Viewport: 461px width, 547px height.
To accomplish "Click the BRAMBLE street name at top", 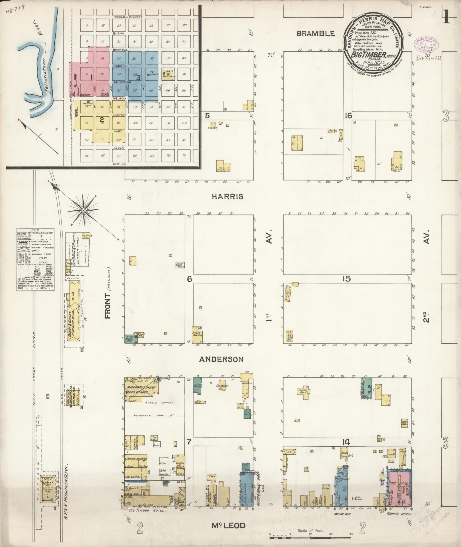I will pyautogui.click(x=315, y=33).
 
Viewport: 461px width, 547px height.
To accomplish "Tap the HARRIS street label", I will pyautogui.click(x=228, y=196).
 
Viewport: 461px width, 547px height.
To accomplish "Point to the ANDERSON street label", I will pyautogui.click(x=221, y=359).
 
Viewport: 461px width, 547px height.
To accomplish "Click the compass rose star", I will pyautogui.click(x=84, y=211).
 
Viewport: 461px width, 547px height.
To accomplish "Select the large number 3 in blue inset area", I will pyautogui.click(x=138, y=77).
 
